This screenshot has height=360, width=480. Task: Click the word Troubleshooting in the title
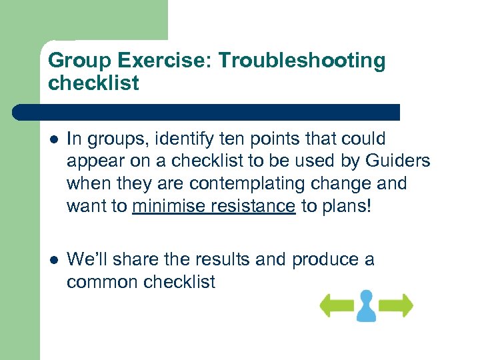(x=302, y=61)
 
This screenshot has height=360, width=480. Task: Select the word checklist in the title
(x=93, y=83)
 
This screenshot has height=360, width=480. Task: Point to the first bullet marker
(x=54, y=139)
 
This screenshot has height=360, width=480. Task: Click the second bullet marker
(x=54, y=259)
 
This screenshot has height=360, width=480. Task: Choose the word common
(x=102, y=281)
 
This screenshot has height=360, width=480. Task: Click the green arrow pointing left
(x=336, y=305)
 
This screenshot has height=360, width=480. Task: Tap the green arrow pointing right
(x=397, y=305)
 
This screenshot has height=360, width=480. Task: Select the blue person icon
(x=366, y=305)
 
